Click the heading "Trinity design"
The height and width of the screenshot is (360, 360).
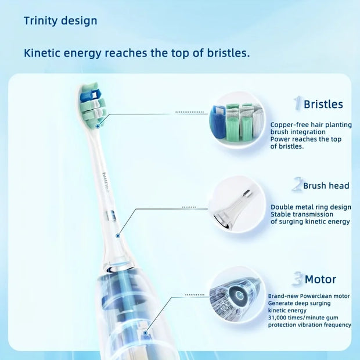click(60, 21)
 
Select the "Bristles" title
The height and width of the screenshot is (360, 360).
click(323, 105)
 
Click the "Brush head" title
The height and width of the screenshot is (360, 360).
click(326, 186)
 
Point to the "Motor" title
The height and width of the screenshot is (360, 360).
click(321, 279)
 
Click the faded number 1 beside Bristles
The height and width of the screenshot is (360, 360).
click(297, 103)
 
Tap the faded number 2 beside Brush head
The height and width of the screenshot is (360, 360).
click(297, 184)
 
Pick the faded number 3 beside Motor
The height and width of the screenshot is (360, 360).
click(298, 279)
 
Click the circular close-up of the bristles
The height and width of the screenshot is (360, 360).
click(237, 120)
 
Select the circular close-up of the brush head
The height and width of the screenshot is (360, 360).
click(237, 204)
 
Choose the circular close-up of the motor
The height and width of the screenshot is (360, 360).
click(237, 295)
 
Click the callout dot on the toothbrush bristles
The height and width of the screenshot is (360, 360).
click(98, 126)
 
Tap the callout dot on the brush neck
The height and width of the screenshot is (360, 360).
click(118, 236)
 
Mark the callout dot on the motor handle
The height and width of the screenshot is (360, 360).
click(145, 333)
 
